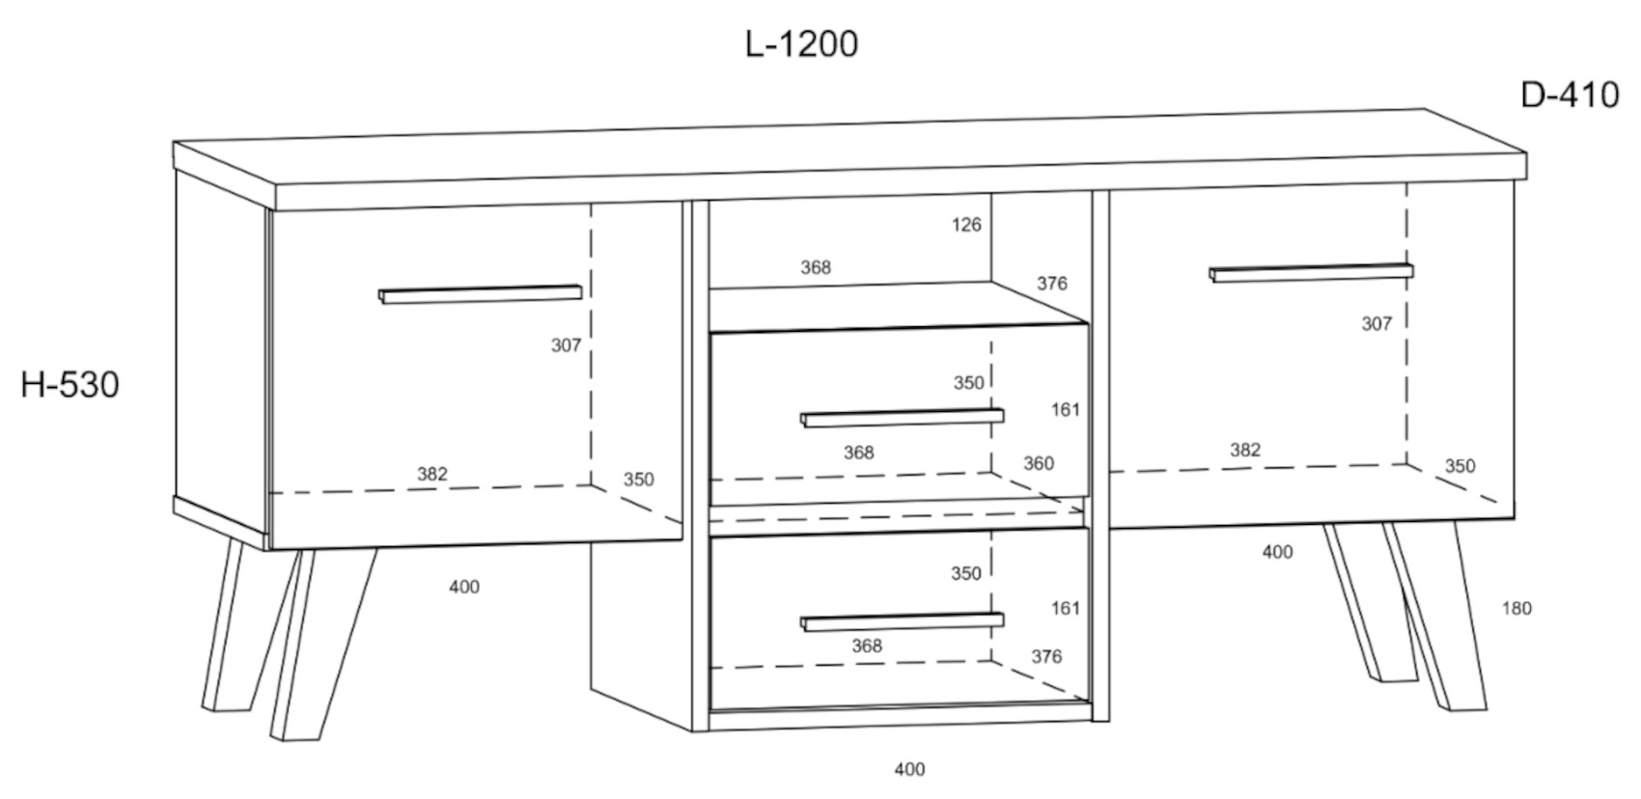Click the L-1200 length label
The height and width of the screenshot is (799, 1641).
click(801, 44)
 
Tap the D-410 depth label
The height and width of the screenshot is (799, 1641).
click(1570, 95)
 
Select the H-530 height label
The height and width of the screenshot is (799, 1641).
click(70, 385)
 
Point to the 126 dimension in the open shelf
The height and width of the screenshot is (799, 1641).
click(965, 225)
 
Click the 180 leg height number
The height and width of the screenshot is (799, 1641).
click(1516, 608)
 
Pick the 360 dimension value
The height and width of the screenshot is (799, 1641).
click(1038, 463)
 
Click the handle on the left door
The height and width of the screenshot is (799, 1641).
click(480, 293)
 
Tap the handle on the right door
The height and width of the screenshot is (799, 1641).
click(1310, 272)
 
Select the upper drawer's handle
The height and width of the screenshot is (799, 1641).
click(902, 417)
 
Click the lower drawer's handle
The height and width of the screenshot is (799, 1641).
click(902, 621)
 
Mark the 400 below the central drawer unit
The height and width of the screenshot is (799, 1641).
click(909, 769)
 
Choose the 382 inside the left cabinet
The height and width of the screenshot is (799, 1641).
click(432, 474)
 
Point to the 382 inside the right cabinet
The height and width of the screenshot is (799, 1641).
click(1245, 450)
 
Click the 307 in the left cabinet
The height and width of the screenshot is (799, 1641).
click(567, 344)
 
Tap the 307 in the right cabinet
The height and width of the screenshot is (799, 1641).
click(1377, 324)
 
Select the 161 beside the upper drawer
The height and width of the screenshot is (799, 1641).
click(1066, 410)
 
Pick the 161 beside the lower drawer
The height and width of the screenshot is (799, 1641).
click(1066, 608)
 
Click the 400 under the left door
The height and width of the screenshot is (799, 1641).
click(464, 587)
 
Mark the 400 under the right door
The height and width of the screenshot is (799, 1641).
click(1277, 552)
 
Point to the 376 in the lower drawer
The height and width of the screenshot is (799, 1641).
click(1046, 656)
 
